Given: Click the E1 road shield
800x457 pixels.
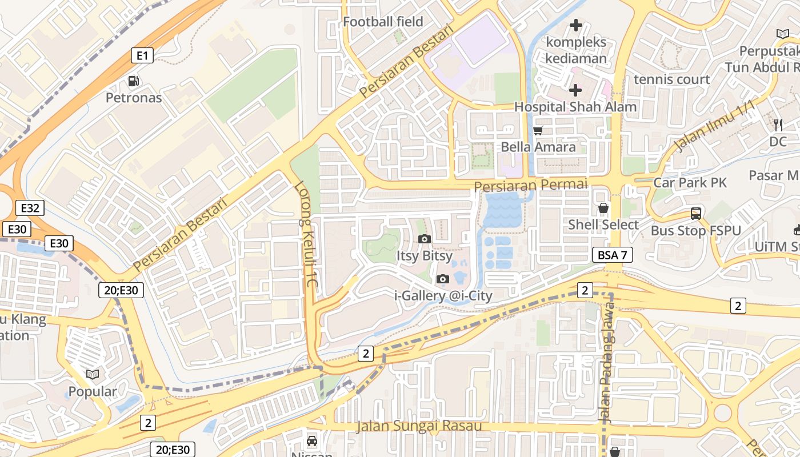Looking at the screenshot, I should pyautogui.click(x=142, y=55).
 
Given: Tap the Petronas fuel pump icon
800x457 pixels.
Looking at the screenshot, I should pyautogui.click(x=133, y=81).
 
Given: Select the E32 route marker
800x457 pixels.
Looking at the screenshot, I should pyautogui.click(x=30, y=208).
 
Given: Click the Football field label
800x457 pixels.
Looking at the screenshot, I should pyautogui.click(x=383, y=22).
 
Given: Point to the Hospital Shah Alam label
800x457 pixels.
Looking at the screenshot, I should pyautogui.click(x=575, y=107).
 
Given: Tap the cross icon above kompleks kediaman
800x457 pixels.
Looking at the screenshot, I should pyautogui.click(x=576, y=25).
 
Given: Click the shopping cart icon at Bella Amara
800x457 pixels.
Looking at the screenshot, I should pyautogui.click(x=538, y=131).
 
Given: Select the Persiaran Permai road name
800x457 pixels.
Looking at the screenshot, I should pyautogui.click(x=530, y=185).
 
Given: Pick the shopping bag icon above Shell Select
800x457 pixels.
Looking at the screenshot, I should pyautogui.click(x=603, y=209).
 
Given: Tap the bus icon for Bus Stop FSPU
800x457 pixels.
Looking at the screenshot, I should pyautogui.click(x=695, y=214).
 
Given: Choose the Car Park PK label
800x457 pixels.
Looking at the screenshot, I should pyautogui.click(x=690, y=183).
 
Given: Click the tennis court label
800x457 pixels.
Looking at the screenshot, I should pyautogui.click(x=671, y=79).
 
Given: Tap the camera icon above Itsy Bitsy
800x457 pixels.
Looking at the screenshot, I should pyautogui.click(x=424, y=239).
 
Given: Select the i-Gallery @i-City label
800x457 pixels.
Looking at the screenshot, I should pyautogui.click(x=443, y=295).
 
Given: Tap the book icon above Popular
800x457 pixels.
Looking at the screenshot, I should pyautogui.click(x=93, y=374).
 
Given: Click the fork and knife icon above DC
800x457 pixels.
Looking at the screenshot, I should pyautogui.click(x=778, y=125).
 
